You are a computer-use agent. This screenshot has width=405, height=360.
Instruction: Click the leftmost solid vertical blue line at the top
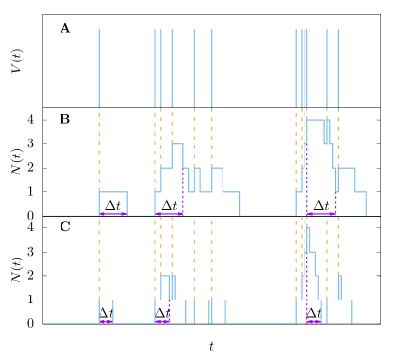click(x=99, y=68)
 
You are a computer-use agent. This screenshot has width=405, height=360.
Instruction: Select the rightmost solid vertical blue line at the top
click(x=338, y=68)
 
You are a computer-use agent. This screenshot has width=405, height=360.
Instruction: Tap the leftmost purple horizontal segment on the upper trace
click(x=112, y=214)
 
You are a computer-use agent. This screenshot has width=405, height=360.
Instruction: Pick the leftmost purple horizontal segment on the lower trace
click(x=105, y=321)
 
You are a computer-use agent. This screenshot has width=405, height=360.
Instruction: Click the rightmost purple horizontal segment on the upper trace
click(x=321, y=214)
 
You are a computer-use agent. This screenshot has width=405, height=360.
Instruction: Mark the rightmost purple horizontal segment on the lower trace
click(x=313, y=321)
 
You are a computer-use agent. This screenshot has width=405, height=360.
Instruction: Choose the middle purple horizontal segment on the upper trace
click(x=170, y=214)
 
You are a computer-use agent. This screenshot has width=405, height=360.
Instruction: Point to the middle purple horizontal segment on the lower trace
click(x=162, y=321)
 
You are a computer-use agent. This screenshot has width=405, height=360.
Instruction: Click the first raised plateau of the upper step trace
click(x=112, y=192)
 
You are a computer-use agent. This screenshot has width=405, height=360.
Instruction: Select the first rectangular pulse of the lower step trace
click(x=105, y=300)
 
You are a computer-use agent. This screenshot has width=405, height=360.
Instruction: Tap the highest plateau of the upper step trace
click(x=316, y=119)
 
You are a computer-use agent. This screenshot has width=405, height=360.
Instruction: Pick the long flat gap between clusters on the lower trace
click(x=260, y=323)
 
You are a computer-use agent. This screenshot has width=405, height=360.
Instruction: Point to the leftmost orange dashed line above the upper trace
click(x=99, y=146)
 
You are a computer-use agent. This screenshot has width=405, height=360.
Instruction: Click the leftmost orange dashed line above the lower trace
click(x=99, y=259)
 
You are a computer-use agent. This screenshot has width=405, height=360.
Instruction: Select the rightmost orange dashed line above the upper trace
click(x=338, y=137)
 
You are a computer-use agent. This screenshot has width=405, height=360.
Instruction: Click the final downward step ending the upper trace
click(x=366, y=203)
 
